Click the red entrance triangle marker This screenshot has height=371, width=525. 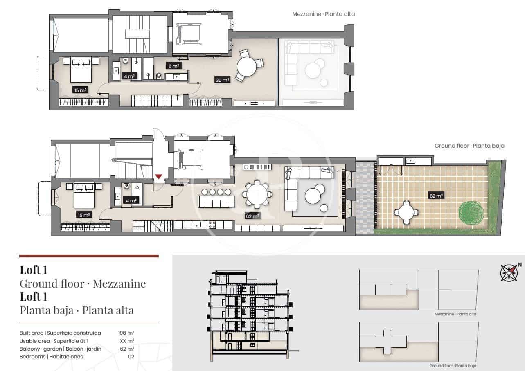(x=158, y=176)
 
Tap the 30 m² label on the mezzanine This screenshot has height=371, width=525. (x=222, y=80)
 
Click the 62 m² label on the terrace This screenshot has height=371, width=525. (x=437, y=196)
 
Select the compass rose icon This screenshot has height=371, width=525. (x=509, y=273)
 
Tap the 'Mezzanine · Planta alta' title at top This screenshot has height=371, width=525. (x=323, y=14)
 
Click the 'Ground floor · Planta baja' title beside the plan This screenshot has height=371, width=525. (x=469, y=146)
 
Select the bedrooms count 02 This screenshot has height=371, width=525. (x=131, y=356)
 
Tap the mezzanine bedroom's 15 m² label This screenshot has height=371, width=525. (x=81, y=90)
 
